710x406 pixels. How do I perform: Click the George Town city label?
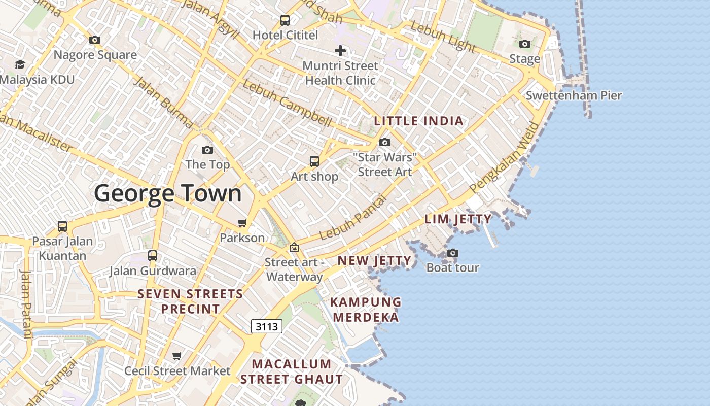168,194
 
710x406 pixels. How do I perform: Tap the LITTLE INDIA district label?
419,121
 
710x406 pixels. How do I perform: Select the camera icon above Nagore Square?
95,40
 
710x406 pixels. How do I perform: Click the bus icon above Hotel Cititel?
285,20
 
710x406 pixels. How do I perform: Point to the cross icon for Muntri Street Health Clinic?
340,50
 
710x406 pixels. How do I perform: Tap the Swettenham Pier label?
574,95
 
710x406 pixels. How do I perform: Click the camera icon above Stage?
525,44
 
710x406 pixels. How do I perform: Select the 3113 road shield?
267,326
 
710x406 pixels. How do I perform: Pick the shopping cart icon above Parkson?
242,223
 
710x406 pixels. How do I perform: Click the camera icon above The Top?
207,150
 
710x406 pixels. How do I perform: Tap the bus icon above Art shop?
314,161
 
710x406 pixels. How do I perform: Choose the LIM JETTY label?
458,219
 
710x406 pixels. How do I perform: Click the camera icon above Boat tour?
453,253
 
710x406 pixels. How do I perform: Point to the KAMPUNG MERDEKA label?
365,310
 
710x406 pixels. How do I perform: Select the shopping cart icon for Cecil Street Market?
177,356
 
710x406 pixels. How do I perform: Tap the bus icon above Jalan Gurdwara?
153,255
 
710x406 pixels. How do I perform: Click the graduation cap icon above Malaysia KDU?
20,64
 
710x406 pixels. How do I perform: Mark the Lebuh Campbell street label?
287,104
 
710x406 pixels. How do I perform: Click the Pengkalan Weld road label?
505,157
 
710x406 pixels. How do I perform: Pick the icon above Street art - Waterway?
294,248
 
